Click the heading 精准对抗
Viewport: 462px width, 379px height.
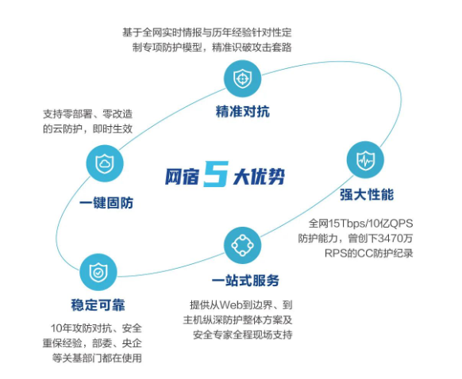243,112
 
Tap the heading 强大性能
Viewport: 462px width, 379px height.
367,194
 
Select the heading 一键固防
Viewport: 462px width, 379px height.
106,203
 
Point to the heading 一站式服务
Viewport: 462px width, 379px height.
245,281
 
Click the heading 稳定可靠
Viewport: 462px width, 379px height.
98,304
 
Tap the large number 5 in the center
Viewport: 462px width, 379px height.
216,174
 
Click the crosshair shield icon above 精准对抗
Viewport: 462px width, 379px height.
242,78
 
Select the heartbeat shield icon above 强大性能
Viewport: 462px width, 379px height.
365,160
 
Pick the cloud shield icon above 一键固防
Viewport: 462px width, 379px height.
105,163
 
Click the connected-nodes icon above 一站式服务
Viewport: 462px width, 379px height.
242,245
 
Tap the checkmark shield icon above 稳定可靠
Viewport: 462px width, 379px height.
98,272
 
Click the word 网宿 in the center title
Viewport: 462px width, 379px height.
183,177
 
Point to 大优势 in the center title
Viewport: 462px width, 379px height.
260,177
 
